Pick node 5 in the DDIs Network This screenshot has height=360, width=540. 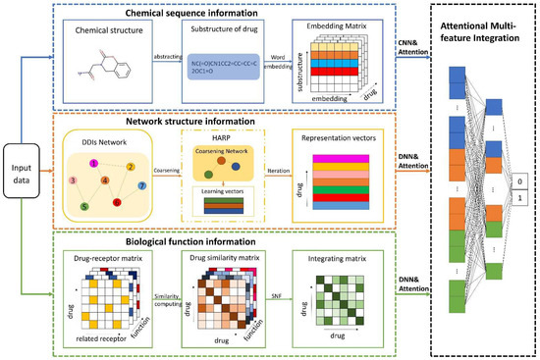(85, 206)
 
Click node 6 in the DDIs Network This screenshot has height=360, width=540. (118, 203)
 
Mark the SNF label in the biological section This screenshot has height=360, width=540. (280, 297)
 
